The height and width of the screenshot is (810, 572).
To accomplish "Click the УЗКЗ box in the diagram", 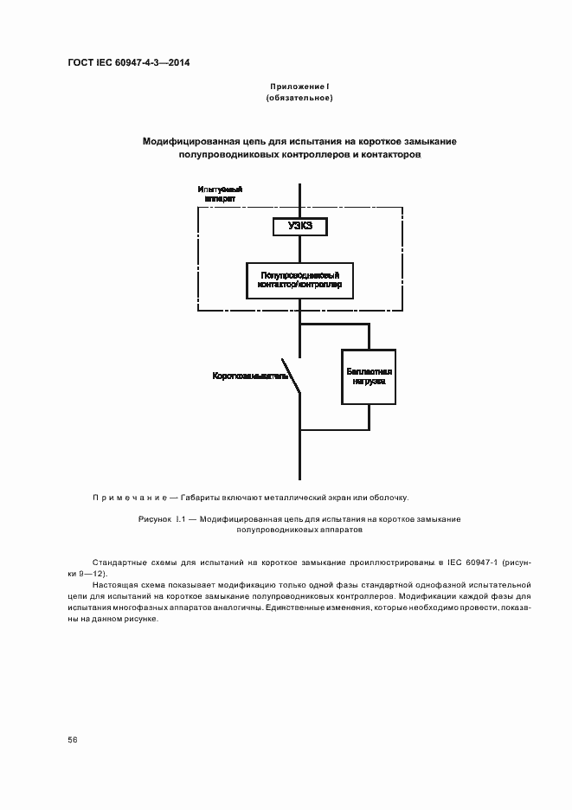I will [x=299, y=227].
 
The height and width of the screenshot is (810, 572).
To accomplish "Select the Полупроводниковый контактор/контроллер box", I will [x=299, y=279].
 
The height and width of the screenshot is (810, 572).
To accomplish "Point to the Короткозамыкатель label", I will [x=250, y=376].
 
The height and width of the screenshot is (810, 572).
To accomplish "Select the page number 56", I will [x=73, y=740].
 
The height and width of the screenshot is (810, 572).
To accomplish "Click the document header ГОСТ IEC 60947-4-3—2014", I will [x=128, y=64].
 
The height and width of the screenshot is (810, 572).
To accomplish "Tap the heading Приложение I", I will [x=299, y=87].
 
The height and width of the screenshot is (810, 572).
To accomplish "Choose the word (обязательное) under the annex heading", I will [x=299, y=98].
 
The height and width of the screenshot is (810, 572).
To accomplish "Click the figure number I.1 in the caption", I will [x=181, y=519].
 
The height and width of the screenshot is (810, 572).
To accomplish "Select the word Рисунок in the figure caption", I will [x=156, y=519].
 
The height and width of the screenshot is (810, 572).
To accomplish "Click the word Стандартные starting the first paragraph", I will [x=117, y=562].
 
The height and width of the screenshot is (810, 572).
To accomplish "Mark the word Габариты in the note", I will [x=202, y=498].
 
